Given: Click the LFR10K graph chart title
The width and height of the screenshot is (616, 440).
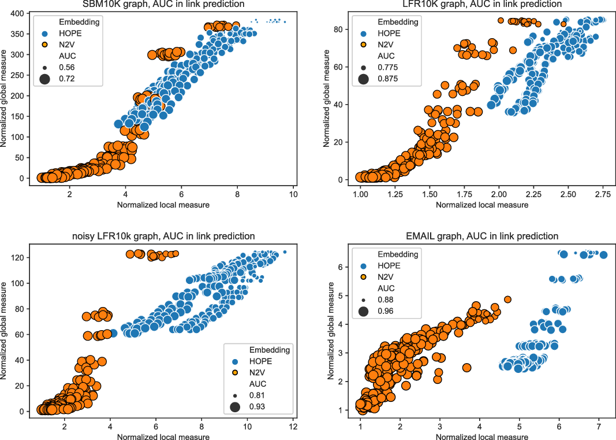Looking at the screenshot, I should (x=481, y=4).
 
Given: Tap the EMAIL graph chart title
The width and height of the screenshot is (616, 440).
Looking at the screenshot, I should (x=481, y=236).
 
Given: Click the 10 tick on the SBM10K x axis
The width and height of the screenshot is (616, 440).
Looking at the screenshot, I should (x=293, y=195).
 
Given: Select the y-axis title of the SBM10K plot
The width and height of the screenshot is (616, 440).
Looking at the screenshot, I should (x=5, y=99).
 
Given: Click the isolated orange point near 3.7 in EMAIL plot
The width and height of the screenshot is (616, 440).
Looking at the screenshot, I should (x=466, y=368).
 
